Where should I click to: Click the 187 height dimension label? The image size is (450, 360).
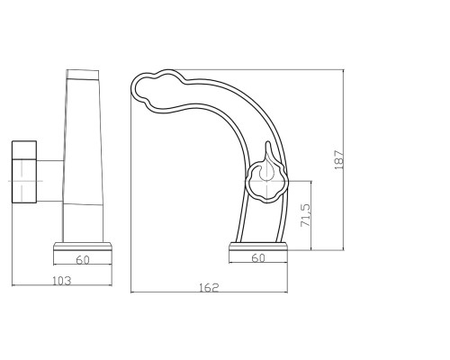pos(339,159)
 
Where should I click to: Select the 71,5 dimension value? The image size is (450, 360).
pos(306,215)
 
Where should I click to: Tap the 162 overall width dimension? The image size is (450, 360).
pos(209,288)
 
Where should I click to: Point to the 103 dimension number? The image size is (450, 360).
pos(62,281)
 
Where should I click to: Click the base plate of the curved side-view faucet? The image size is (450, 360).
pos(258,247)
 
